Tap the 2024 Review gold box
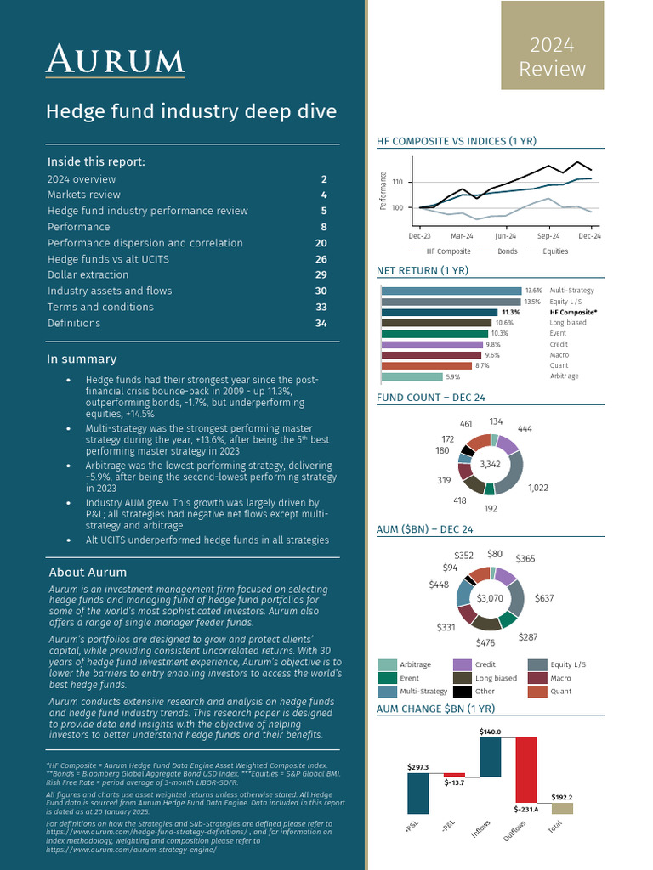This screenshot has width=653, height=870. coord(552,47)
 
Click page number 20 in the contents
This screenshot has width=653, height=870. coord(321,243)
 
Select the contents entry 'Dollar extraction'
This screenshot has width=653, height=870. coord(88,274)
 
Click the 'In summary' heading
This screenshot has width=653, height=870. coord(82,359)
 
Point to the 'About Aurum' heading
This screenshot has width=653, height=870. coord(88,572)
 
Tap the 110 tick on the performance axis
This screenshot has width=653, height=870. coord(397,182)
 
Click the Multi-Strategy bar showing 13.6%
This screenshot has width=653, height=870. coord(451,291)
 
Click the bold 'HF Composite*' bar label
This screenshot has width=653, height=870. coord(573,313)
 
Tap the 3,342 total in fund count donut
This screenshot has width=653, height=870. coord(490,464)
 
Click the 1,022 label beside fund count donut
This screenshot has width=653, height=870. coord(538,488)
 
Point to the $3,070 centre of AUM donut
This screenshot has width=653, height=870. coord(490,598)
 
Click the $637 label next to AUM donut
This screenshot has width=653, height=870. coord(544,598)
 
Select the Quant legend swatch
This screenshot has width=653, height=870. coord(537,692)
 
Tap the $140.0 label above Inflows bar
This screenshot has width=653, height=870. coord(490,731)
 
